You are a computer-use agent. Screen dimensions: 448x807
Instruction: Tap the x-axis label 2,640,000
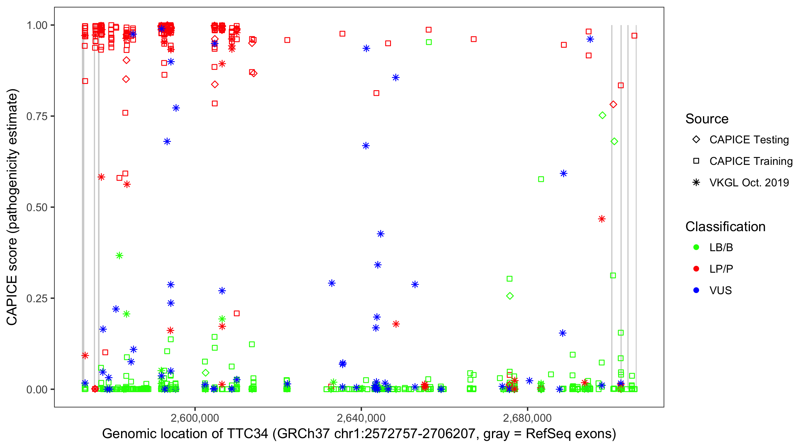tap(361, 418)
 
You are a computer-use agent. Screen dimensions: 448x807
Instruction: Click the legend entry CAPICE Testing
tap(749, 140)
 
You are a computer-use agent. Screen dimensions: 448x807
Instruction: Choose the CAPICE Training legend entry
tap(751, 161)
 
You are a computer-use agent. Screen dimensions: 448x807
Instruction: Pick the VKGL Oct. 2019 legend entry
tap(749, 182)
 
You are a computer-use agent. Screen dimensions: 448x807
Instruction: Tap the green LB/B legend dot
tap(696, 247)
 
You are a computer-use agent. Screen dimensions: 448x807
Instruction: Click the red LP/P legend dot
tap(696, 269)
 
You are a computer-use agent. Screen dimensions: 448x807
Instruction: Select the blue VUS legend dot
tap(696, 290)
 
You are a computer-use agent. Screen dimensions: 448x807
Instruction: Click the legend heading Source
tap(707, 119)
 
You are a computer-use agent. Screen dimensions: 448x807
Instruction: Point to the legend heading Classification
tap(725, 227)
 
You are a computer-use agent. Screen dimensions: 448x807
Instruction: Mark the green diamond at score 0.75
tap(602, 116)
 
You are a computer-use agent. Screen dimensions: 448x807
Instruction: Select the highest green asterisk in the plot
tap(119, 256)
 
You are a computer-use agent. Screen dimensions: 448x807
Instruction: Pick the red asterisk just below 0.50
tap(601, 219)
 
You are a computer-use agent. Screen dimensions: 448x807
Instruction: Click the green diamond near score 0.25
tap(510, 296)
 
